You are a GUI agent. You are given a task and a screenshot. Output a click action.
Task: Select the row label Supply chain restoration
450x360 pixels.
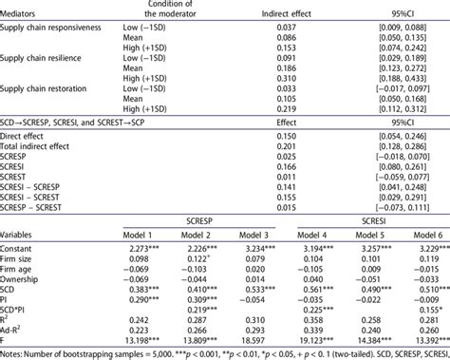point(47,90)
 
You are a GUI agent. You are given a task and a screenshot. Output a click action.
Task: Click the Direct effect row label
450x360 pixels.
point(30,137)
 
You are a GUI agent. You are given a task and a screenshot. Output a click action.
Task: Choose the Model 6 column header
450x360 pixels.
point(419,234)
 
